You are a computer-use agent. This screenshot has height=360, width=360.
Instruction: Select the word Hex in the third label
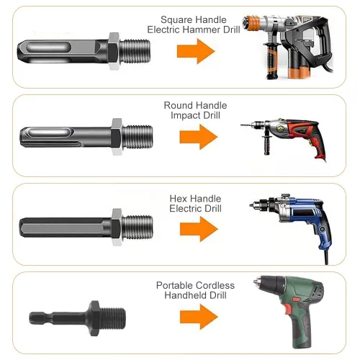coord(178,199)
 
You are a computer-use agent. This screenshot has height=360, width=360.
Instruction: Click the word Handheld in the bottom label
coord(184,295)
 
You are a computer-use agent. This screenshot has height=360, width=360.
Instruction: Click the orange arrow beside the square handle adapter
coord(196,51)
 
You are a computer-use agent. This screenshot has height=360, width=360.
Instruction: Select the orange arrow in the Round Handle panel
coord(199,137)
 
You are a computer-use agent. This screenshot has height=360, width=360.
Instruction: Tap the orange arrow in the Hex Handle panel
coord(199,229)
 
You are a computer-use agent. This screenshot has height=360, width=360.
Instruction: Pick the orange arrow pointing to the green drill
coord(199,317)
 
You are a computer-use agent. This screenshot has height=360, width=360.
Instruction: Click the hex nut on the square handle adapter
coord(113,51)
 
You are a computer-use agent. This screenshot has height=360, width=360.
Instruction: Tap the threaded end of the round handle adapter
coord(138,137)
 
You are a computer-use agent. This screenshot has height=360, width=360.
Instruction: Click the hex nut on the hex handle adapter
coord(117,227)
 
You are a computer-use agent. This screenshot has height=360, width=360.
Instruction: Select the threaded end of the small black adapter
coord(113,318)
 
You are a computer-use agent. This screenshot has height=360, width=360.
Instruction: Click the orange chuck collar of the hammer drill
coord(252,23)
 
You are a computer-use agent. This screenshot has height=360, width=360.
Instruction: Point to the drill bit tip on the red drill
coord(241,125)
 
